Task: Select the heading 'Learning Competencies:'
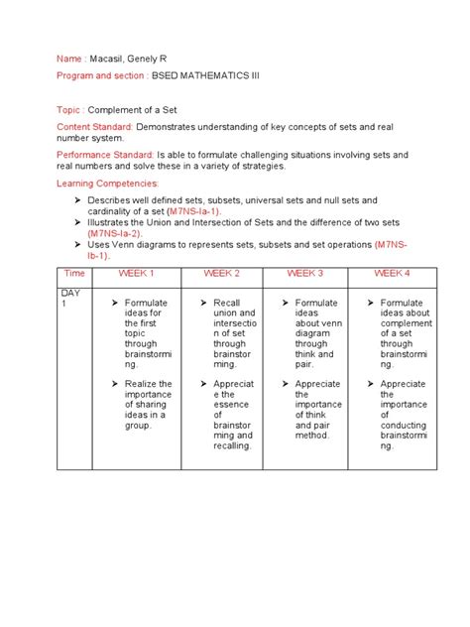[x=107, y=184]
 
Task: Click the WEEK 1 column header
[x=137, y=272]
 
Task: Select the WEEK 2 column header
[x=221, y=272]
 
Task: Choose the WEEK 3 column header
[x=305, y=272]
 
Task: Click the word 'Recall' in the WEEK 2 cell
[x=227, y=302]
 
